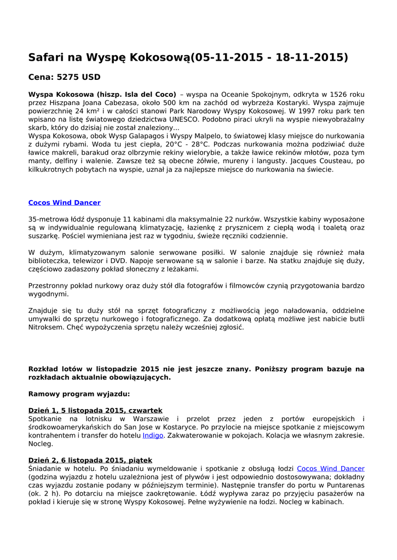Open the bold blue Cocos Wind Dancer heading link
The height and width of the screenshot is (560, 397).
coord(64,203)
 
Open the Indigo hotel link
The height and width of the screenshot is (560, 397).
coord(153,435)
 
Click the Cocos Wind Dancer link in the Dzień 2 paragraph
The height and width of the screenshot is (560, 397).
coord(330,469)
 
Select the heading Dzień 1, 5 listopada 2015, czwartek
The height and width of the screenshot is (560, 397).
coord(95,410)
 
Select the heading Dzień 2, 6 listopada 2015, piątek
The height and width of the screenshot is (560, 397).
coord(90,460)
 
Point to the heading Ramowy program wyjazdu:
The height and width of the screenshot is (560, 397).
coord(79,394)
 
